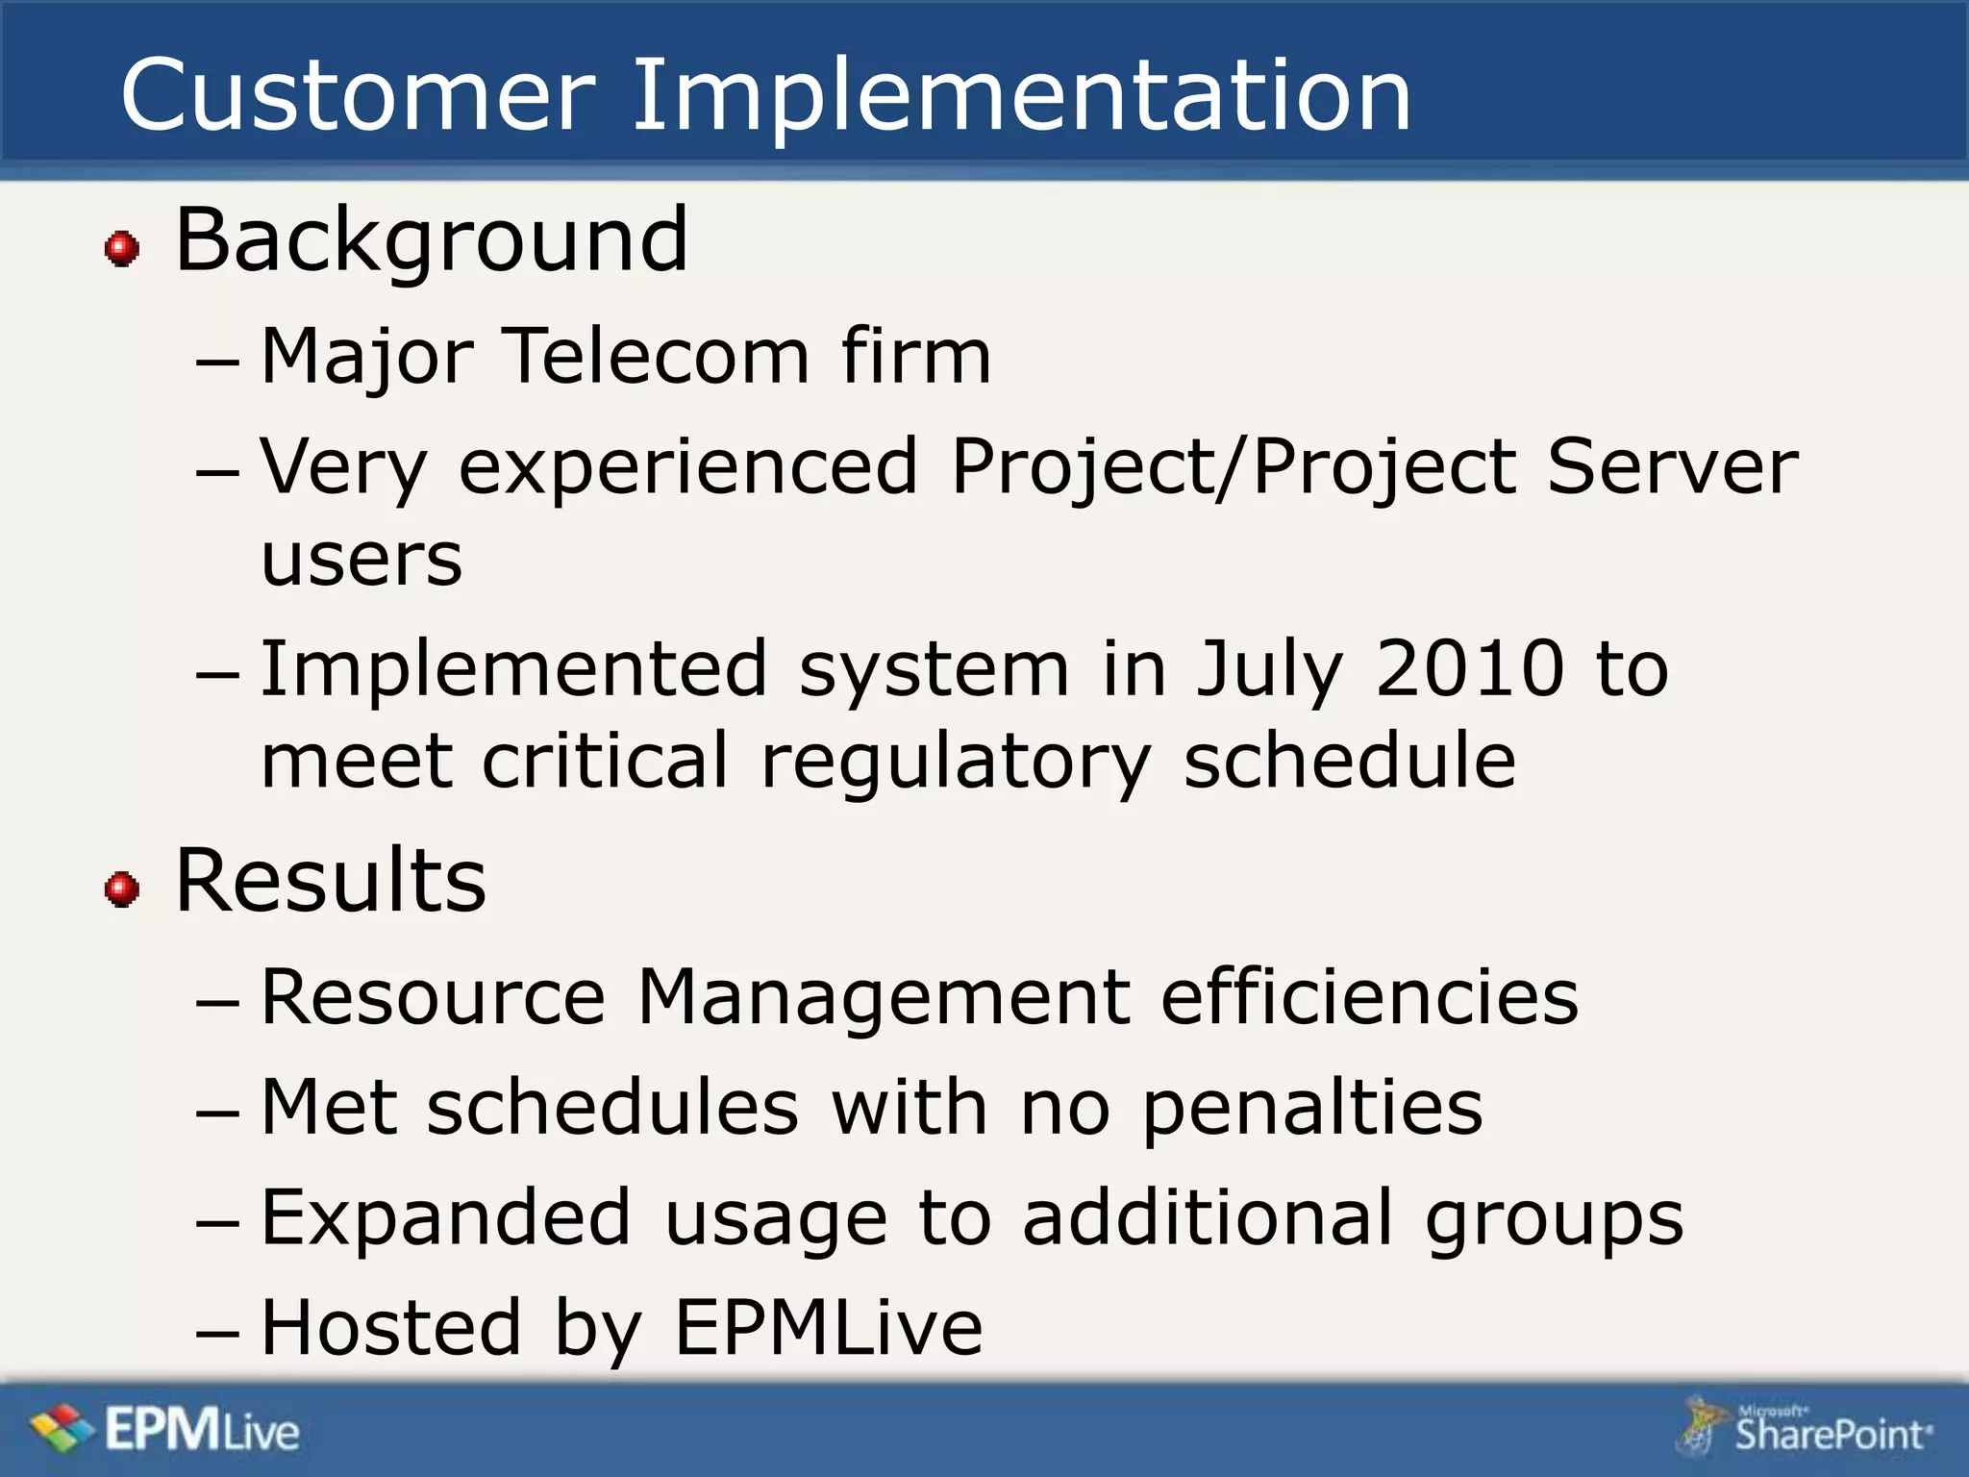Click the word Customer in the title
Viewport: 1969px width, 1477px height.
click(x=358, y=96)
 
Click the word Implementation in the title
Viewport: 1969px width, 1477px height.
click(x=1021, y=96)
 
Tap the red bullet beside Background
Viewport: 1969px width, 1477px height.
click(x=122, y=248)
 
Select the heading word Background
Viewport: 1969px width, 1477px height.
click(x=432, y=240)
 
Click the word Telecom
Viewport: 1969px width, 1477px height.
click(x=658, y=356)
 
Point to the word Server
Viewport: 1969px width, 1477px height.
click(x=1672, y=466)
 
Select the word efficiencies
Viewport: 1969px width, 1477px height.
click(x=1369, y=996)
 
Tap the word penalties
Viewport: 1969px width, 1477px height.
click(x=1312, y=1108)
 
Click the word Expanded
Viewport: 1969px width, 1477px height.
click(x=446, y=1218)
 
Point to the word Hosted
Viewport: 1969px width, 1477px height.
click(x=391, y=1327)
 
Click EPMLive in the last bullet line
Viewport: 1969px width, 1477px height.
click(x=828, y=1327)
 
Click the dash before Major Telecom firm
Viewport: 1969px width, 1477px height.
click(x=217, y=363)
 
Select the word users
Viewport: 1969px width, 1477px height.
click(x=361, y=560)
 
